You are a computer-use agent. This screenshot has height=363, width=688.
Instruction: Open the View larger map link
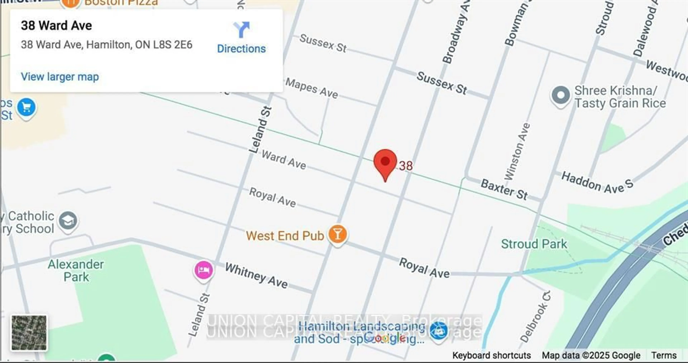click(60, 77)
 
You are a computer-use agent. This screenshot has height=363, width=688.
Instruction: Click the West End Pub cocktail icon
click(337, 234)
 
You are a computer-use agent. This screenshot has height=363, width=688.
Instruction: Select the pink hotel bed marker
click(204, 270)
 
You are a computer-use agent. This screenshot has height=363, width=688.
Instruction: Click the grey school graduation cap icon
click(68, 221)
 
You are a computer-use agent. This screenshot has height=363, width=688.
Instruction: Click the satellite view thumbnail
click(29, 333)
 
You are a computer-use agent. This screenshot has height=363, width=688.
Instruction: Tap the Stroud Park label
click(534, 244)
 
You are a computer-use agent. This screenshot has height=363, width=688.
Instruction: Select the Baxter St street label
click(504, 189)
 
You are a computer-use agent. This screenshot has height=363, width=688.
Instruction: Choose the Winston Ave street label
click(517, 152)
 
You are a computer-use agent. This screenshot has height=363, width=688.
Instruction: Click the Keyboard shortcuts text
click(491, 355)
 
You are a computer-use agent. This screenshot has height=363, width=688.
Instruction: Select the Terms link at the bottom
click(664, 355)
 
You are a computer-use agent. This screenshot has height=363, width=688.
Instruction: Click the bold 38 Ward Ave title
click(56, 26)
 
